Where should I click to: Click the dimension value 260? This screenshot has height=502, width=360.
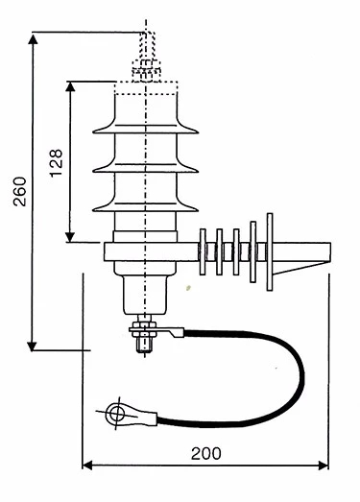pyautogui.click(x=20, y=191)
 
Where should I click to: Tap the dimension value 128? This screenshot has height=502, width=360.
pyautogui.click(x=56, y=162)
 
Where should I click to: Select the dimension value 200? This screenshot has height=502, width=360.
pyautogui.click(x=206, y=453)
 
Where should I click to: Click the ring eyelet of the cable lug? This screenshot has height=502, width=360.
pyautogui.click(x=115, y=414)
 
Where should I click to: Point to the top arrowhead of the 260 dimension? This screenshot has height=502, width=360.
pyautogui.click(x=33, y=38)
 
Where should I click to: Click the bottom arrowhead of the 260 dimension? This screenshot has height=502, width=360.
pyautogui.click(x=32, y=347)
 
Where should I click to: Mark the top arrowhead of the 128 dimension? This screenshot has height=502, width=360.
pyautogui.click(x=70, y=86)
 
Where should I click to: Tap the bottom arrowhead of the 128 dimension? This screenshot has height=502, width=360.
pyautogui.click(x=70, y=237)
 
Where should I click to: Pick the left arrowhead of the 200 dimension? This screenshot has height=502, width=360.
pyautogui.click(x=87, y=466)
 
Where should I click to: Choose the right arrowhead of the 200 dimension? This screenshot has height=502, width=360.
pyautogui.click(x=324, y=466)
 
